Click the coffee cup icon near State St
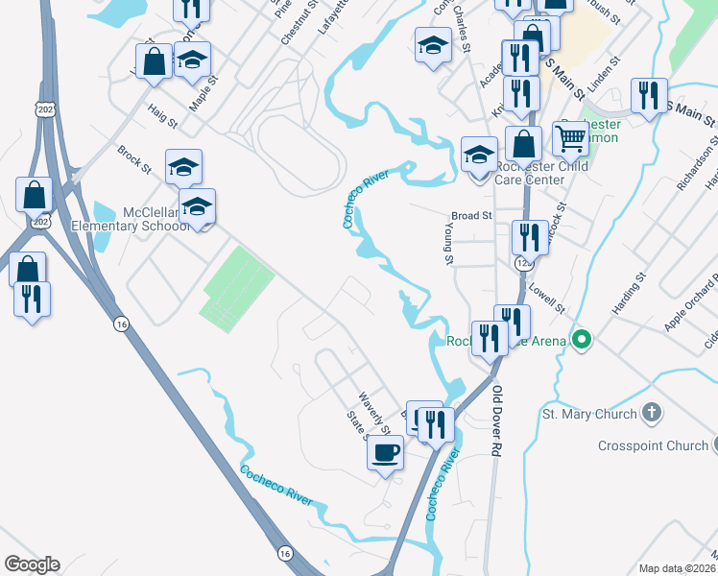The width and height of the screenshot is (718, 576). tap(385, 451)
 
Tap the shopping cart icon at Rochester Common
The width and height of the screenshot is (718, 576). tap(571, 139)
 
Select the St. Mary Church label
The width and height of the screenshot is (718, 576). tap(589, 414)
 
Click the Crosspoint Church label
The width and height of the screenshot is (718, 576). tap(652, 445)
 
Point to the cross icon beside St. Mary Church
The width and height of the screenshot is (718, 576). tap(651, 414)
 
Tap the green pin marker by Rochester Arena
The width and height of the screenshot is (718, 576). tap(580, 340)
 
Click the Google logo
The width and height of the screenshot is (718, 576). tap(32, 564)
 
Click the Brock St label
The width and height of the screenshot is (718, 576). tap(134, 160)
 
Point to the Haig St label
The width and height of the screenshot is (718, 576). tap(162, 119)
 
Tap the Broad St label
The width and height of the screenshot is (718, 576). tap(471, 216)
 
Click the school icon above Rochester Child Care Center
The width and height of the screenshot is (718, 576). tap(479, 154)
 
